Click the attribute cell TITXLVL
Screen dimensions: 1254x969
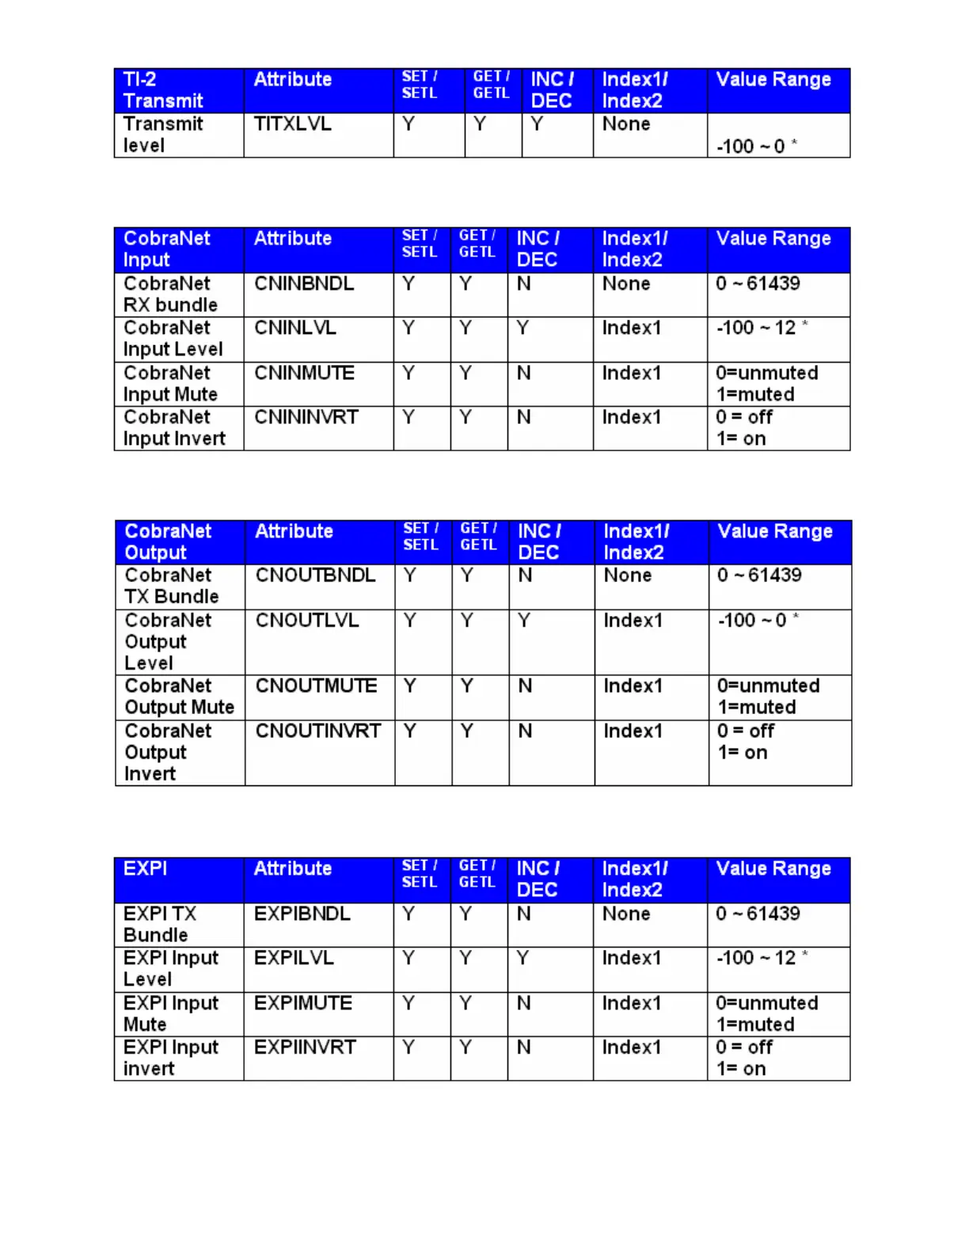pyautogui.click(x=292, y=124)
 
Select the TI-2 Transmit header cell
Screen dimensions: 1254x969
pyautogui.click(x=162, y=90)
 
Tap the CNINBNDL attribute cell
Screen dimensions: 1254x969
pyautogui.click(x=303, y=283)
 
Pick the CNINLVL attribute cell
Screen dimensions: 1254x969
pyautogui.click(x=294, y=328)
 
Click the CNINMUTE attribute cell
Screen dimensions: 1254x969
pyautogui.click(x=304, y=373)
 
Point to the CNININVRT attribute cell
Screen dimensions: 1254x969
pyautogui.click(x=306, y=417)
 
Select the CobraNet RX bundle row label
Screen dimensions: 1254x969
pyautogui.click(x=169, y=294)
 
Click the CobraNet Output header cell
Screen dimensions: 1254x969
pyautogui.click(x=168, y=542)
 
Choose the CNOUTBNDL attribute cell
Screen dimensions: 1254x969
pyautogui.click(x=315, y=576)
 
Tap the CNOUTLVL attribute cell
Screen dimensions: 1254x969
pyautogui.click(x=307, y=621)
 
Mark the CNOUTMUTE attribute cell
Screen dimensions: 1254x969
pyautogui.click(x=316, y=686)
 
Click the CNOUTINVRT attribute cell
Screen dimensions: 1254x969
pyautogui.click(x=317, y=731)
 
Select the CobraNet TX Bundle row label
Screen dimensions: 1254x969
pyautogui.click(x=171, y=586)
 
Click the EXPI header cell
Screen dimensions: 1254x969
pyautogui.click(x=146, y=869)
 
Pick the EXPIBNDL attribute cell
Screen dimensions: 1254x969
pyautogui.click(x=302, y=914)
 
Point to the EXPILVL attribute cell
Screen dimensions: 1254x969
pyautogui.click(x=294, y=958)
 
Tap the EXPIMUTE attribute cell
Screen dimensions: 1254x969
pyautogui.click(x=302, y=1003)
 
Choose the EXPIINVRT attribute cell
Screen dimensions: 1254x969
pyautogui.click(x=305, y=1047)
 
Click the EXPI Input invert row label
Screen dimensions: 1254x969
pyautogui.click(x=170, y=1058)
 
